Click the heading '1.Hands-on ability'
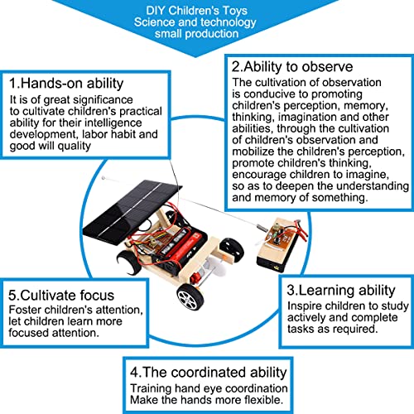coord(66,84)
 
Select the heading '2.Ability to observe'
coord(292,67)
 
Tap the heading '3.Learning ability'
coord(341,291)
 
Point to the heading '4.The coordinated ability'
coord(209,373)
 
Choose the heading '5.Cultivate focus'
coord(61,296)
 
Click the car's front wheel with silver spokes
coord(190,297)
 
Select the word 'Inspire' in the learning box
coord(303,306)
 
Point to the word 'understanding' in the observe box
coord(373,186)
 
